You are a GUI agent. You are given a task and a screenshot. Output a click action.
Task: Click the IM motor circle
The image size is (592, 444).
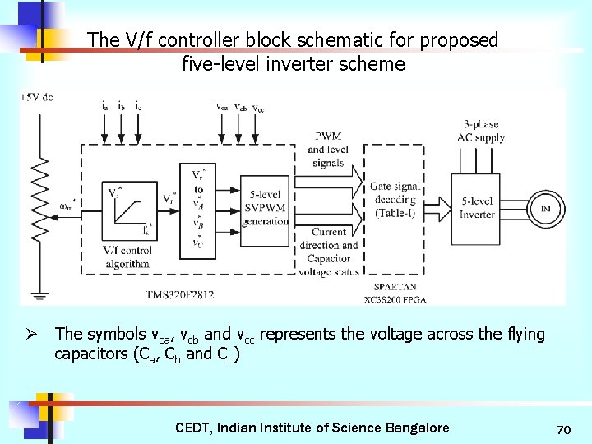(544, 209)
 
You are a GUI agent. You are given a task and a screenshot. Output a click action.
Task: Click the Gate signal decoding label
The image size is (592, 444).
(395, 200)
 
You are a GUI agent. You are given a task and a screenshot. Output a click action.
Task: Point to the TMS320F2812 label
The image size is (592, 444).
(179, 294)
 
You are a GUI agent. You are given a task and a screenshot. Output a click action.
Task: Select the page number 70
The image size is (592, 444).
(563, 429)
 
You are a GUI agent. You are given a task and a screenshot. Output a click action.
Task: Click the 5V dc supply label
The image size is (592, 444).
(37, 97)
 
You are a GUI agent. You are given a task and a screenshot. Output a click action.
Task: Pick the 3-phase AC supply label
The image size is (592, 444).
(481, 132)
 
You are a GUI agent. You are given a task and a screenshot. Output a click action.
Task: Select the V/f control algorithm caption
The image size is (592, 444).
(127, 257)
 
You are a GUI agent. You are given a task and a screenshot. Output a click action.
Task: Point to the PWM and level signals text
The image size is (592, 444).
(327, 150)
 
